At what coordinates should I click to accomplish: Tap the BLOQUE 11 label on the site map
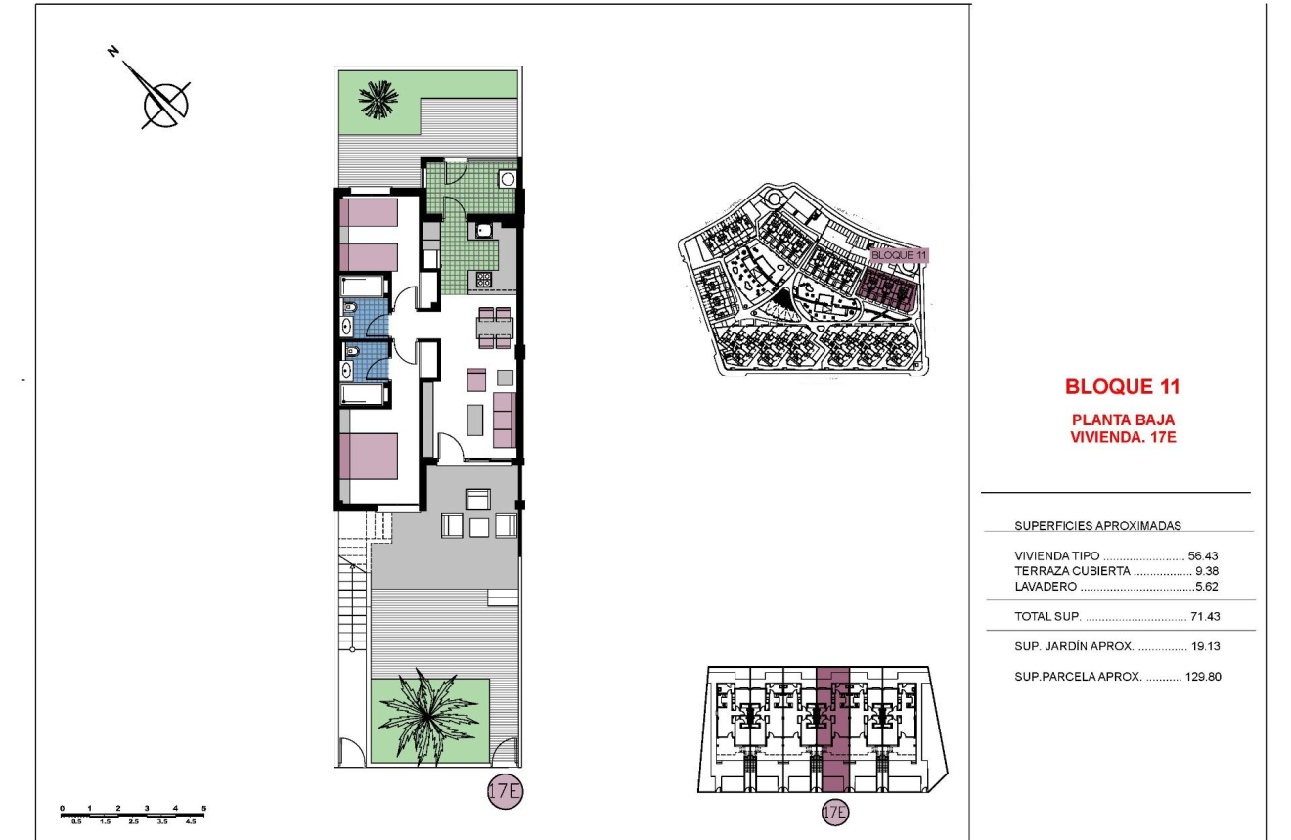point(898,254)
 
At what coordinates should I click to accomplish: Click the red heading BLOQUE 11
point(1122,386)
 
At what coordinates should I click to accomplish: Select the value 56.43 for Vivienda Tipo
point(1203,555)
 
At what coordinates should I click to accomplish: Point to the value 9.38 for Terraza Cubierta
point(1207,571)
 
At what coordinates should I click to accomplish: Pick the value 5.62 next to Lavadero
point(1207,587)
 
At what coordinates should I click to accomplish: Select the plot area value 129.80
point(1200,676)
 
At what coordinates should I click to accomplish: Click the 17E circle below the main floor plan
point(505,792)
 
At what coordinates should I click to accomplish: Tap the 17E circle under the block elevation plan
point(834,811)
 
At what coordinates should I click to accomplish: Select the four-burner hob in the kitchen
point(484,280)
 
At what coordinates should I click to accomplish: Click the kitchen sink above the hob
point(484,231)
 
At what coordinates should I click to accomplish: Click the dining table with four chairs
point(494,328)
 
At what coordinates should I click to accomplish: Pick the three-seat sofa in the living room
point(505,420)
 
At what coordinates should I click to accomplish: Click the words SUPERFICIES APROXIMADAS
point(1084,526)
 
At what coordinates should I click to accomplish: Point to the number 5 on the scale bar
point(203,808)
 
